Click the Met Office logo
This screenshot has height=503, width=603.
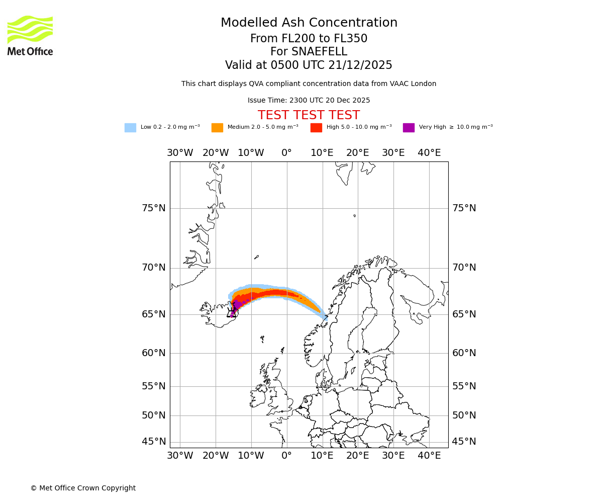point(30,35)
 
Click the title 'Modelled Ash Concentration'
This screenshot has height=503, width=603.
point(309,23)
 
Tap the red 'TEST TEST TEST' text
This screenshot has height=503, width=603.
point(309,116)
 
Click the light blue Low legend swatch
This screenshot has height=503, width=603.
point(130,128)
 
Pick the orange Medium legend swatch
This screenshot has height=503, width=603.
point(217,128)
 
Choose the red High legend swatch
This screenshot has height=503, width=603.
point(316,128)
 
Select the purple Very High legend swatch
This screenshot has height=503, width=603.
point(409,128)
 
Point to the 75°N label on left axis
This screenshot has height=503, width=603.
point(153,208)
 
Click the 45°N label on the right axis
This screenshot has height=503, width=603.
point(464,442)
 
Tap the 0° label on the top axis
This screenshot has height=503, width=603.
point(286,153)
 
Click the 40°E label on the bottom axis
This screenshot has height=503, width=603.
point(429,456)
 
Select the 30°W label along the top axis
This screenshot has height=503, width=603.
point(180,153)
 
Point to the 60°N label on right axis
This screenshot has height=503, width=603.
point(464,353)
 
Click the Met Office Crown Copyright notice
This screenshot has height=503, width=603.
point(83,488)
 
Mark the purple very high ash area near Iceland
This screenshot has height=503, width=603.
point(235,306)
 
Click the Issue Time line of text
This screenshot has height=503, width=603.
point(309,101)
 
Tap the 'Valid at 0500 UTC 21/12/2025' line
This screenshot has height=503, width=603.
point(309,65)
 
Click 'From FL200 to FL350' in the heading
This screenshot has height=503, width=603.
point(309,39)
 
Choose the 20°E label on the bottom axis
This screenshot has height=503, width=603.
point(358,456)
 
